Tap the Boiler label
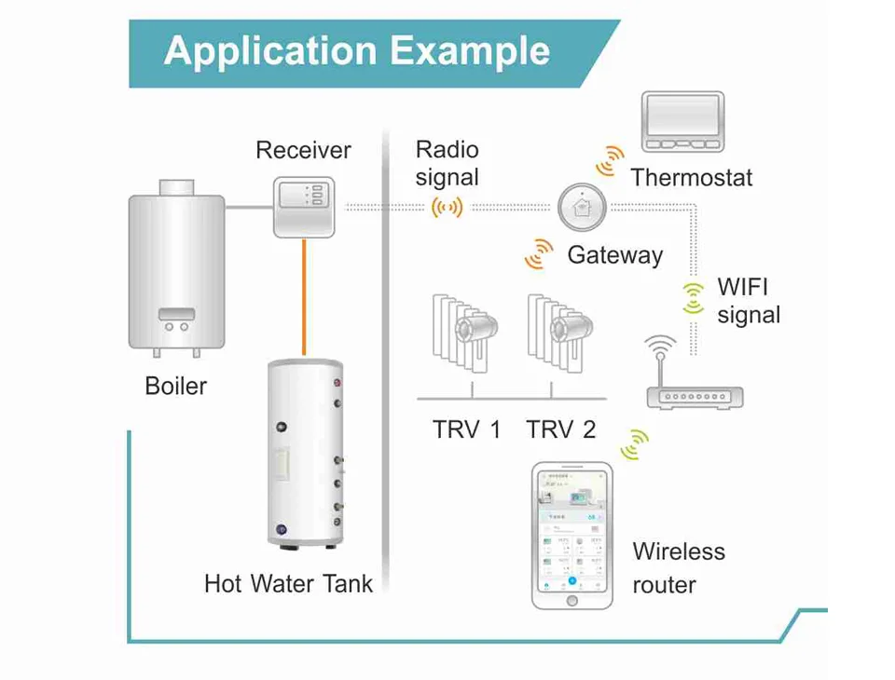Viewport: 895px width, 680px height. [176, 386]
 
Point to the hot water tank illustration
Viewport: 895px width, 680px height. [305, 452]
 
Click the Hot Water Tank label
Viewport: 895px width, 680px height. [288, 584]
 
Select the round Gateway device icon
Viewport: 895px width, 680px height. [583, 207]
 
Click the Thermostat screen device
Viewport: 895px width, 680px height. [682, 121]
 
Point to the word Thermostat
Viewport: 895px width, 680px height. [691, 178]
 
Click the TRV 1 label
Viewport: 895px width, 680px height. [466, 429]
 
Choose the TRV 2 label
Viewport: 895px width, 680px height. [560, 429]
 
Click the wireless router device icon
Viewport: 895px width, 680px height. [695, 387]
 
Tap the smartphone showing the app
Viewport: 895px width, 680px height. [571, 535]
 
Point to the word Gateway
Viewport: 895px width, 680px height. [615, 255]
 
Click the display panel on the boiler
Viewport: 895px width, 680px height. [176, 315]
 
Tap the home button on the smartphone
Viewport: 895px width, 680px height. [571, 601]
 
